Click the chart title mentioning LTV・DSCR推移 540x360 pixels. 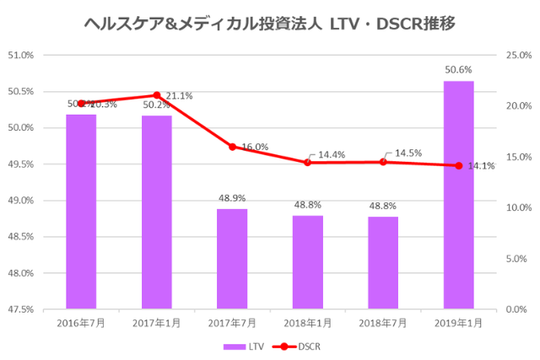point(270,23)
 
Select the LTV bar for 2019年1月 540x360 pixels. point(458,195)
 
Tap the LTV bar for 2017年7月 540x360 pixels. point(232,259)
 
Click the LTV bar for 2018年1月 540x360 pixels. point(307,262)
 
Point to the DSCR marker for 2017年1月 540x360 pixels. point(157,95)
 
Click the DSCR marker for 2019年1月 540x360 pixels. point(458,165)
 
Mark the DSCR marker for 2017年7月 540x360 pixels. point(232,147)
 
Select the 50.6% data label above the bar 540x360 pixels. point(458,70)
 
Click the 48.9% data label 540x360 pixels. point(232,198)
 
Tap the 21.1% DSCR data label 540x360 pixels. point(179,96)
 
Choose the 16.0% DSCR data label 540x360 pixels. point(254,147)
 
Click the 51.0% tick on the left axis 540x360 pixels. point(20,56)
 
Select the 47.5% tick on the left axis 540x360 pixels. point(20,309)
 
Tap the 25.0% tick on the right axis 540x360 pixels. point(516,56)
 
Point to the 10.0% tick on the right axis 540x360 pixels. point(516,208)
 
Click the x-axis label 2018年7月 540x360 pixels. point(382,323)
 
